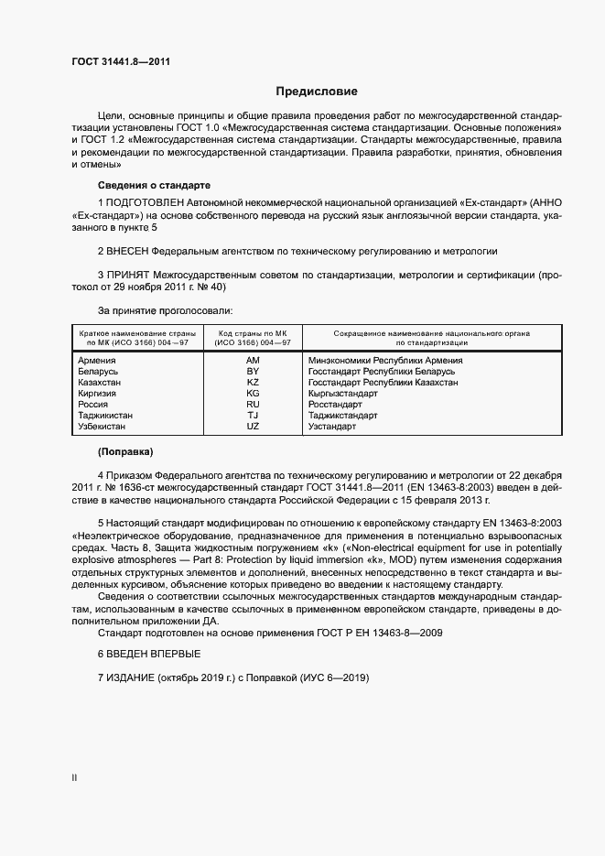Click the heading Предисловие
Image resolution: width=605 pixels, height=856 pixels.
click(x=317, y=92)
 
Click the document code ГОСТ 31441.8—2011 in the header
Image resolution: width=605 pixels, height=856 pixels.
click(x=121, y=62)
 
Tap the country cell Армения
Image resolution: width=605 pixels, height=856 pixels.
click(x=97, y=361)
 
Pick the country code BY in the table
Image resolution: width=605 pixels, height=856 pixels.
click(x=254, y=372)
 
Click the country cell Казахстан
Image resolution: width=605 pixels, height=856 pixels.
click(x=100, y=383)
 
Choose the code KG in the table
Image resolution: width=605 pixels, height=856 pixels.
click(x=254, y=394)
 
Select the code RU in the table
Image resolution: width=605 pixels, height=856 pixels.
click(x=254, y=405)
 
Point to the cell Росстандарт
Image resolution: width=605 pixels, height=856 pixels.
click(x=335, y=405)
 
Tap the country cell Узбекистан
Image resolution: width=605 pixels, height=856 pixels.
click(x=102, y=427)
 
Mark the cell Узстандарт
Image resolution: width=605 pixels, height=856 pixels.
click(x=332, y=427)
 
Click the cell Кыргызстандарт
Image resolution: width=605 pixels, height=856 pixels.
click(x=343, y=394)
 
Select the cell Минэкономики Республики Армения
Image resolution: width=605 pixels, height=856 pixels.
click(x=385, y=361)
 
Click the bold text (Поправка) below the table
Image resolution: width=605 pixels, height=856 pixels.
click(x=125, y=452)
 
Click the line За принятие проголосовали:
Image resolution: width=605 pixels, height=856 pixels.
click(x=165, y=311)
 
